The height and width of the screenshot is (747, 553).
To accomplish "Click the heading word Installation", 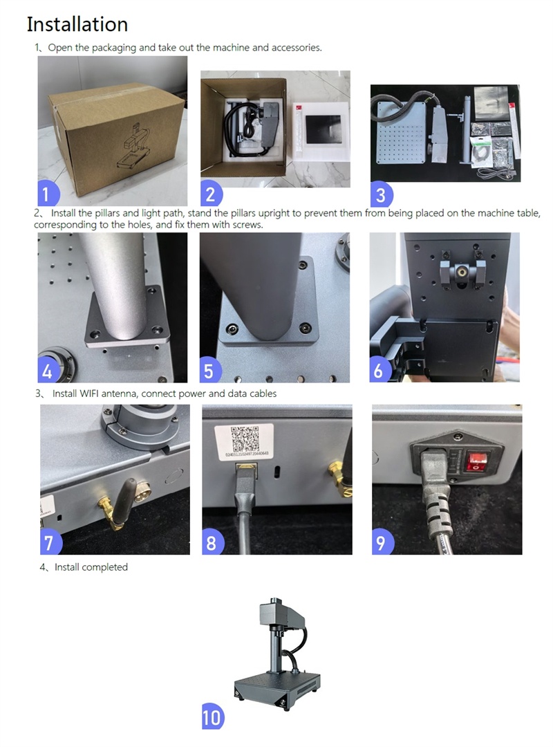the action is click(x=77, y=24).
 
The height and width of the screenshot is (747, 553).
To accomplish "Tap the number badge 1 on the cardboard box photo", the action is click(x=47, y=194).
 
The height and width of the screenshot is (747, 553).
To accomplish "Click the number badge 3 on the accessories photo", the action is click(x=381, y=194).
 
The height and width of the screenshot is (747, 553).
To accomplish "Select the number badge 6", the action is click(x=379, y=369).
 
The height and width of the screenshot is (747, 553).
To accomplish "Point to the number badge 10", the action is click(x=212, y=717).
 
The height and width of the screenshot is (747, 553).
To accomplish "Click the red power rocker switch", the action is click(x=474, y=460).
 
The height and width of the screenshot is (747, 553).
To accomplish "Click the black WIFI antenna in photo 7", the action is click(x=122, y=500).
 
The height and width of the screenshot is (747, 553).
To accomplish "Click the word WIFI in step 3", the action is click(x=89, y=394).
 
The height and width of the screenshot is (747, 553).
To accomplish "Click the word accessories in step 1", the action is click(x=296, y=48).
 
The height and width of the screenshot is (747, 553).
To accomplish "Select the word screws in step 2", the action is click(x=247, y=224).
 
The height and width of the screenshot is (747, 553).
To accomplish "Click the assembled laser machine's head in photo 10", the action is click(x=275, y=616).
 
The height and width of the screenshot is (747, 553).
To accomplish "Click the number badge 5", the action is click(x=209, y=371).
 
